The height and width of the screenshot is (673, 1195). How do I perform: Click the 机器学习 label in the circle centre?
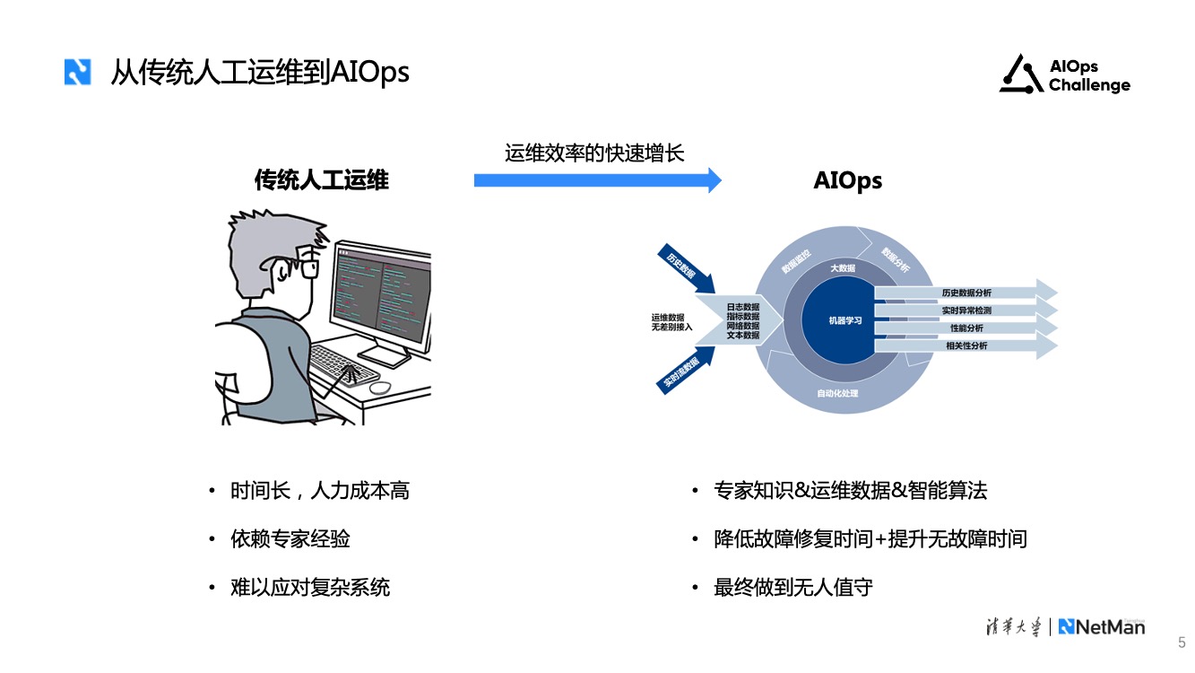[x=844, y=320]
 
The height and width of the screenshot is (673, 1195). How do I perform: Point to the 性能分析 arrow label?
[x=966, y=328]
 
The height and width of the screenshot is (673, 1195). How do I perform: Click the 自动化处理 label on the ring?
[x=837, y=394]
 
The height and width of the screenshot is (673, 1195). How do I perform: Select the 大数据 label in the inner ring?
[x=843, y=268]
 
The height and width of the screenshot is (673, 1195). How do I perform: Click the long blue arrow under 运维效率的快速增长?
[x=597, y=180]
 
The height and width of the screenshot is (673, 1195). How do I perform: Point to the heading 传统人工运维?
[x=322, y=180]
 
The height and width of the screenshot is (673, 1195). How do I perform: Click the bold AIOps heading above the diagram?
[x=847, y=180]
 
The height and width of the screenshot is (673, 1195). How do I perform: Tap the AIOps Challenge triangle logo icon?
[x=1021, y=74]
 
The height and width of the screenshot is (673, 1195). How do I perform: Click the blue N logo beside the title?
[x=78, y=72]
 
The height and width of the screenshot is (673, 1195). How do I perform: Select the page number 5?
[x=1182, y=642]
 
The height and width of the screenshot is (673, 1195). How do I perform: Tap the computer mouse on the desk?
[x=380, y=388]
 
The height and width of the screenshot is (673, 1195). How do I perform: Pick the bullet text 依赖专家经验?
[x=290, y=539]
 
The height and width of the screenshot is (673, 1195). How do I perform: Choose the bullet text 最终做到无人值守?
[x=793, y=588]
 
